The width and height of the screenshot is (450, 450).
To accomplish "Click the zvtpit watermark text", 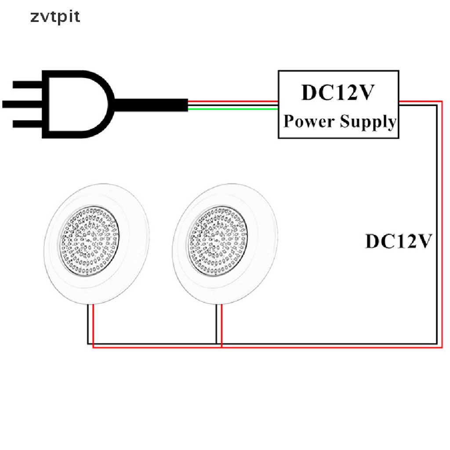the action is [x=55, y=17].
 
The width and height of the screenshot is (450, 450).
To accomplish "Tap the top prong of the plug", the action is [x=28, y=85].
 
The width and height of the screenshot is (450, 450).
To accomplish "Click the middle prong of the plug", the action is [x=22, y=104].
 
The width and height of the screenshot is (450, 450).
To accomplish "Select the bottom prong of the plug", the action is [x=28, y=123].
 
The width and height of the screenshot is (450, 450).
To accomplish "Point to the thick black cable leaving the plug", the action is [x=151, y=105].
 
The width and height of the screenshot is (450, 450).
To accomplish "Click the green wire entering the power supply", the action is [x=233, y=109].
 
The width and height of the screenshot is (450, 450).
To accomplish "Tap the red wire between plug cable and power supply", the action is [x=233, y=102].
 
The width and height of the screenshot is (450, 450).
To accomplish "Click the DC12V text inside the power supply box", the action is [x=338, y=92].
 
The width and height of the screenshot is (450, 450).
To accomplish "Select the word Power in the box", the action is [x=309, y=121].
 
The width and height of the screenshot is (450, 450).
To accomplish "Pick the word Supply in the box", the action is [x=368, y=122].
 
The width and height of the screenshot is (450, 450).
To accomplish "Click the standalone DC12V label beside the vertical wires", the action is [x=399, y=241].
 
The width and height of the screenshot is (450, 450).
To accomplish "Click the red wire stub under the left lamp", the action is [x=93, y=326].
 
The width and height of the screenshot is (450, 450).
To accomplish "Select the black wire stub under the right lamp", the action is [x=216, y=324].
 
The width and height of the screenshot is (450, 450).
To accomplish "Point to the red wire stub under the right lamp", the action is [x=221, y=326].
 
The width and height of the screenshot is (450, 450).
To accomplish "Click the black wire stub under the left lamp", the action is [x=88, y=324].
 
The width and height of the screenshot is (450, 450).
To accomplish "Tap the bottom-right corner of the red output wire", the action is [x=442, y=347].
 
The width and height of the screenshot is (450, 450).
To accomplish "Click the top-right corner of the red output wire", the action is [x=442, y=102].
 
